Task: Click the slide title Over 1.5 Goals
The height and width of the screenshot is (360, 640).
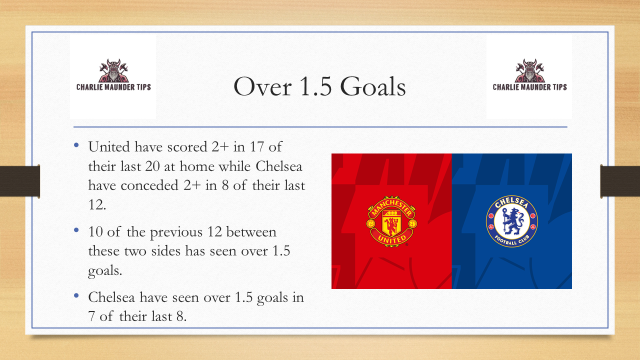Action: (x=319, y=86)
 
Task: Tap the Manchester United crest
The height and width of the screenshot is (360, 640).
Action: (x=391, y=221)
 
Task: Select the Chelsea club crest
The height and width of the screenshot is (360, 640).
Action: (x=511, y=221)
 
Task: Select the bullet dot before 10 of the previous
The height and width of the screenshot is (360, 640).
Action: (x=80, y=230)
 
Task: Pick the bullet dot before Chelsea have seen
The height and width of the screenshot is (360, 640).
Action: (x=80, y=295)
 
